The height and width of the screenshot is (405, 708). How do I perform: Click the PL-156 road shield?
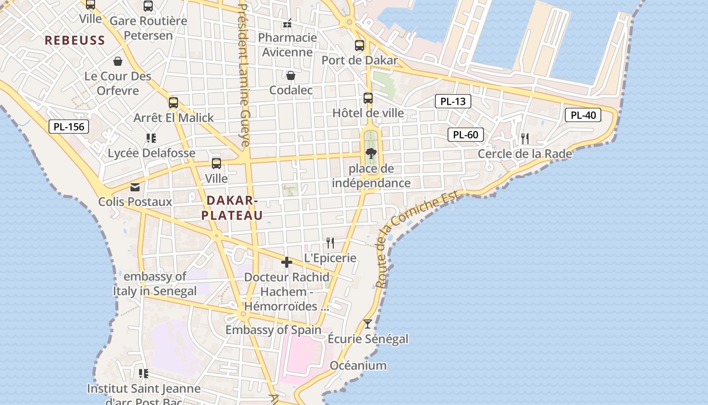click(x=69, y=127)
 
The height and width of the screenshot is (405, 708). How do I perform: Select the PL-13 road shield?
click(x=453, y=101)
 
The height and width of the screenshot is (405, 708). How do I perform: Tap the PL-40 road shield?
click(x=583, y=115)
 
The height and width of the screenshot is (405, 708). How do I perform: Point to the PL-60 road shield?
click(x=465, y=135)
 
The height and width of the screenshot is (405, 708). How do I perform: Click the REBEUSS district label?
click(x=75, y=40)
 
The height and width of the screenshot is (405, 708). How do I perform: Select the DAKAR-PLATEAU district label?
click(x=232, y=208)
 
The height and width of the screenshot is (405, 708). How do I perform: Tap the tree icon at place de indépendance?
click(x=371, y=153)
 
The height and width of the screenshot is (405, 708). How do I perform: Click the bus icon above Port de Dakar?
click(x=360, y=45)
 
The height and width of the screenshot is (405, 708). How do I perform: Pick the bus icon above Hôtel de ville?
click(x=368, y=98)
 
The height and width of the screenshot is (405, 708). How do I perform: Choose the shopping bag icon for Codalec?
click(x=291, y=75)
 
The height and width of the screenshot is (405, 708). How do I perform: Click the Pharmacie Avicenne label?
click(x=287, y=45)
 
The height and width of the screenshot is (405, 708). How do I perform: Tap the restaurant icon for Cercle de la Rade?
click(x=525, y=138)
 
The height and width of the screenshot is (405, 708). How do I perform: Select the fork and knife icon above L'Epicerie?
click(x=330, y=243)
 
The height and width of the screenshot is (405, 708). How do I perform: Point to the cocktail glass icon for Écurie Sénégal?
click(x=368, y=324)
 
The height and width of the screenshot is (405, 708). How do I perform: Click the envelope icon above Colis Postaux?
click(x=135, y=187)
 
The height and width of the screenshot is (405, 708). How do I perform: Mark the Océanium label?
click(x=358, y=366)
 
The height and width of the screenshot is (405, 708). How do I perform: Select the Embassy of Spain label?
click(x=273, y=330)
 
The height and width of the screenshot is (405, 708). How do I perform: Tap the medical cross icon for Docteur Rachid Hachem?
click(x=287, y=262)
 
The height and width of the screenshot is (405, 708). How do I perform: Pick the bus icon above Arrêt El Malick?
click(x=173, y=103)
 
